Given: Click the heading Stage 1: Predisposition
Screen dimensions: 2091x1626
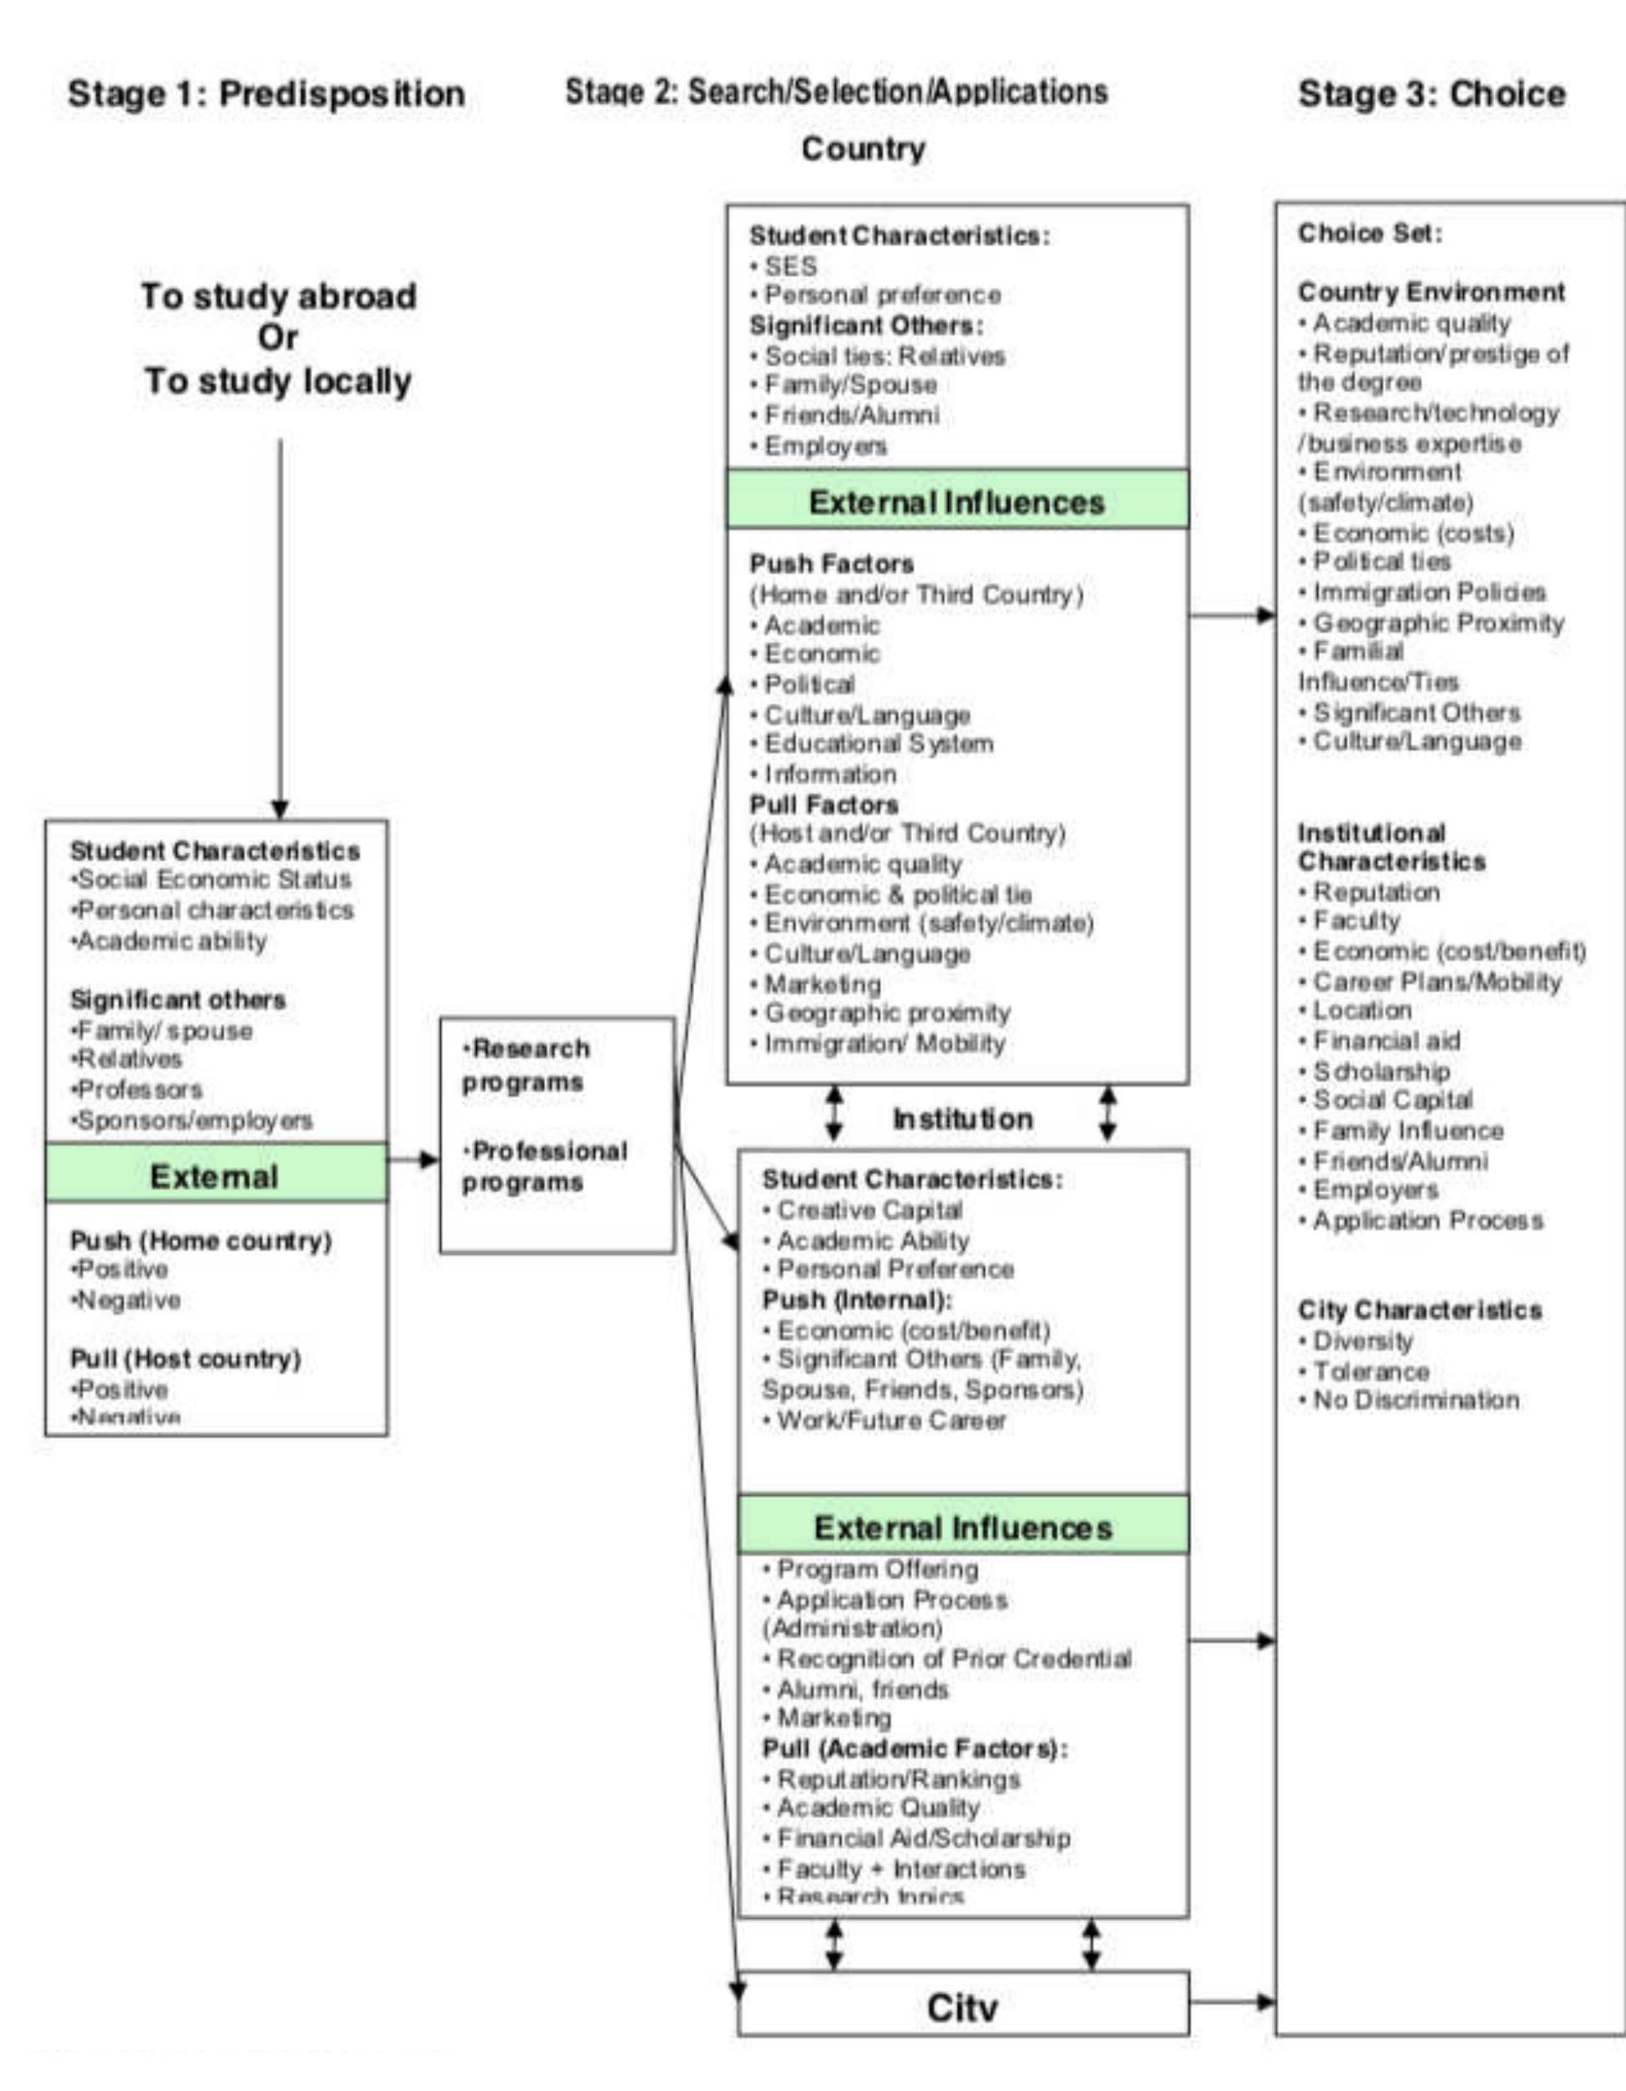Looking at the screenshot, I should pos(266,93).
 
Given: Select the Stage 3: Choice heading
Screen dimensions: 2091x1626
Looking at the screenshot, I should pos(1431,93).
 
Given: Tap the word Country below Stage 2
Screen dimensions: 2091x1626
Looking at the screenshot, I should pos(863,149).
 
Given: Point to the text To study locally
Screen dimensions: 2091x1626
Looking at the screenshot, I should pos(278,381).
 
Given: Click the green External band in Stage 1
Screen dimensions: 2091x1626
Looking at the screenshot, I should pos(215,1175).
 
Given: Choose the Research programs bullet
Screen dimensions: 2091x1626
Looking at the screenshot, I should pos(526,1064).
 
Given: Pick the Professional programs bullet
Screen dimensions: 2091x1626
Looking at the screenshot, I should pos(544,1166).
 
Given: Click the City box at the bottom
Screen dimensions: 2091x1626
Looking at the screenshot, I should pos(962,2007).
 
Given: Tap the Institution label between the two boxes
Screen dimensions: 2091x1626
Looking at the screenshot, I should pos(962,1119).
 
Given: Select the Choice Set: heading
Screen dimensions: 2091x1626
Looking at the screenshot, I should pos(1370,234).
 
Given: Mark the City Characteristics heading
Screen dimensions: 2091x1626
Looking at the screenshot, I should pos(1419,1310).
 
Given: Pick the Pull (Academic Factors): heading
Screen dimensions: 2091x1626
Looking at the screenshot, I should pos(914,1748).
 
